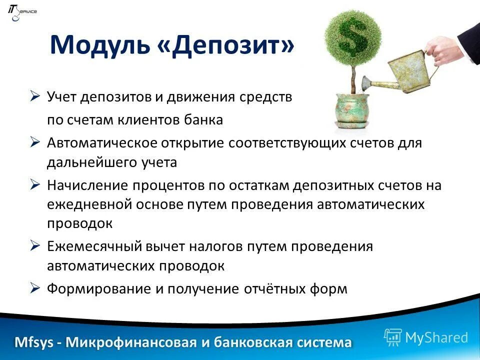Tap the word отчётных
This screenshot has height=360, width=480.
click(x=274, y=289)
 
